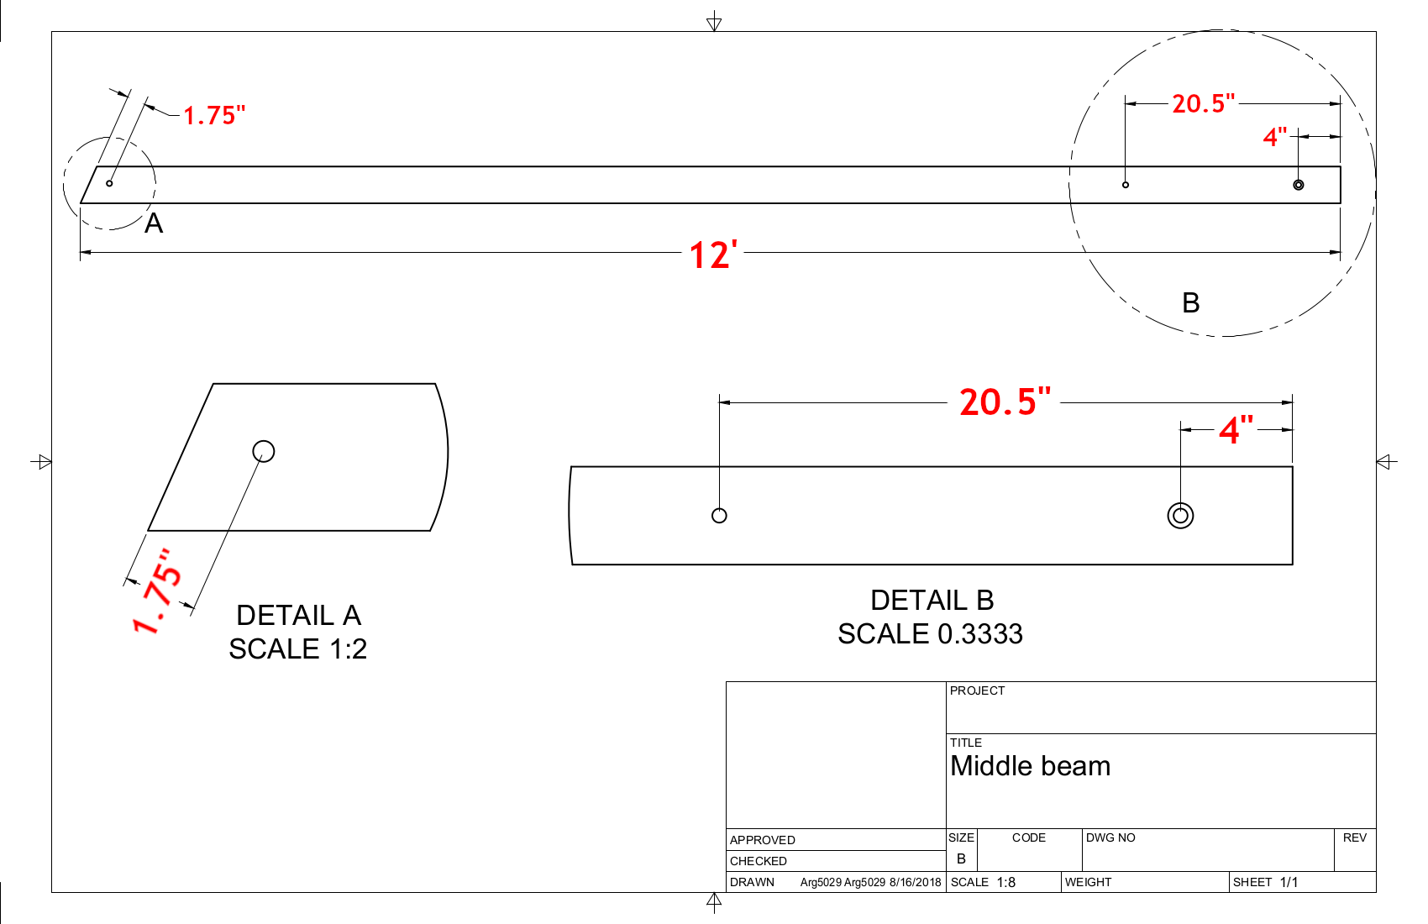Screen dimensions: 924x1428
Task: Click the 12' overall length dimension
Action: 713,255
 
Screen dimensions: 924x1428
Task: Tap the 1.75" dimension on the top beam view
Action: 214,115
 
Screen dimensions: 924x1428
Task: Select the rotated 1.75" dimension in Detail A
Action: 157,591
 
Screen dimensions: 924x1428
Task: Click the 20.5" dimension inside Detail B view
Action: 1005,402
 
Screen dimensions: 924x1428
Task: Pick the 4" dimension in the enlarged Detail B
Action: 1236,429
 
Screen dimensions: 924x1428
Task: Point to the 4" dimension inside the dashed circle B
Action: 1275,136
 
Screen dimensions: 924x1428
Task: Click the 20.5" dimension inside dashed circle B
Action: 1203,103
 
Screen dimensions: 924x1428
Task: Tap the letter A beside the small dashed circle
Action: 154,223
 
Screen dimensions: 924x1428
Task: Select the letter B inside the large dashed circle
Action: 1190,302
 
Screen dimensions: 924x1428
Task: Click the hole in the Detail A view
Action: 264,451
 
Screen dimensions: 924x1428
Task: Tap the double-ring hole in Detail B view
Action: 1180,516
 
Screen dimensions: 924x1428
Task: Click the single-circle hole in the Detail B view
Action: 719,516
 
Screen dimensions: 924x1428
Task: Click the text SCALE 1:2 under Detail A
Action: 297,648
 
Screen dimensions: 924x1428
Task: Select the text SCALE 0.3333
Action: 930,633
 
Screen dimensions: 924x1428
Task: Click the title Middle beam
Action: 1030,766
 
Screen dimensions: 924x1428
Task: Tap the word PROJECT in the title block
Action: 977,690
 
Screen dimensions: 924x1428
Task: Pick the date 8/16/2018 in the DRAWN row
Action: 915,882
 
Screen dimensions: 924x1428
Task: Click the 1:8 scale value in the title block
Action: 1005,882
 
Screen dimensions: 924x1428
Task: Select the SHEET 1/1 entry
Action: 1265,882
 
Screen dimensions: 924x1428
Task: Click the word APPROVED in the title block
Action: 762,840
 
